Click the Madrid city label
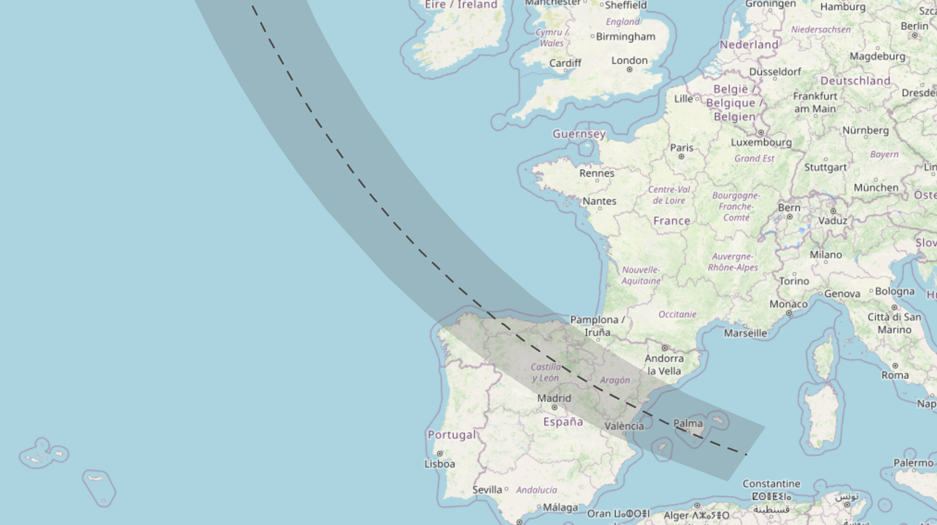tap(554, 398)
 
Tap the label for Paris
tap(681, 148)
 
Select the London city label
tap(629, 60)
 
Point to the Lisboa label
tap(439, 464)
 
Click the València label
tap(624, 426)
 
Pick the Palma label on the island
tap(687, 423)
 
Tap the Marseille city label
tap(745, 333)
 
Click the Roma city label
tap(895, 375)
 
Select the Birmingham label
tap(625, 37)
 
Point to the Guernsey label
tap(579, 134)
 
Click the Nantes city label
tap(599, 201)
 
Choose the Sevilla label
tap(487, 489)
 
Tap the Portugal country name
tap(451, 435)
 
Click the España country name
tap(563, 422)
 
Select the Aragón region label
tap(615, 380)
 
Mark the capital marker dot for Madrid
tap(554, 407)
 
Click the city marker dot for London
tap(629, 69)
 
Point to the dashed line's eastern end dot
tap(746, 454)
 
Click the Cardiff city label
tap(565, 63)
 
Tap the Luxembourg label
tap(761, 142)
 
